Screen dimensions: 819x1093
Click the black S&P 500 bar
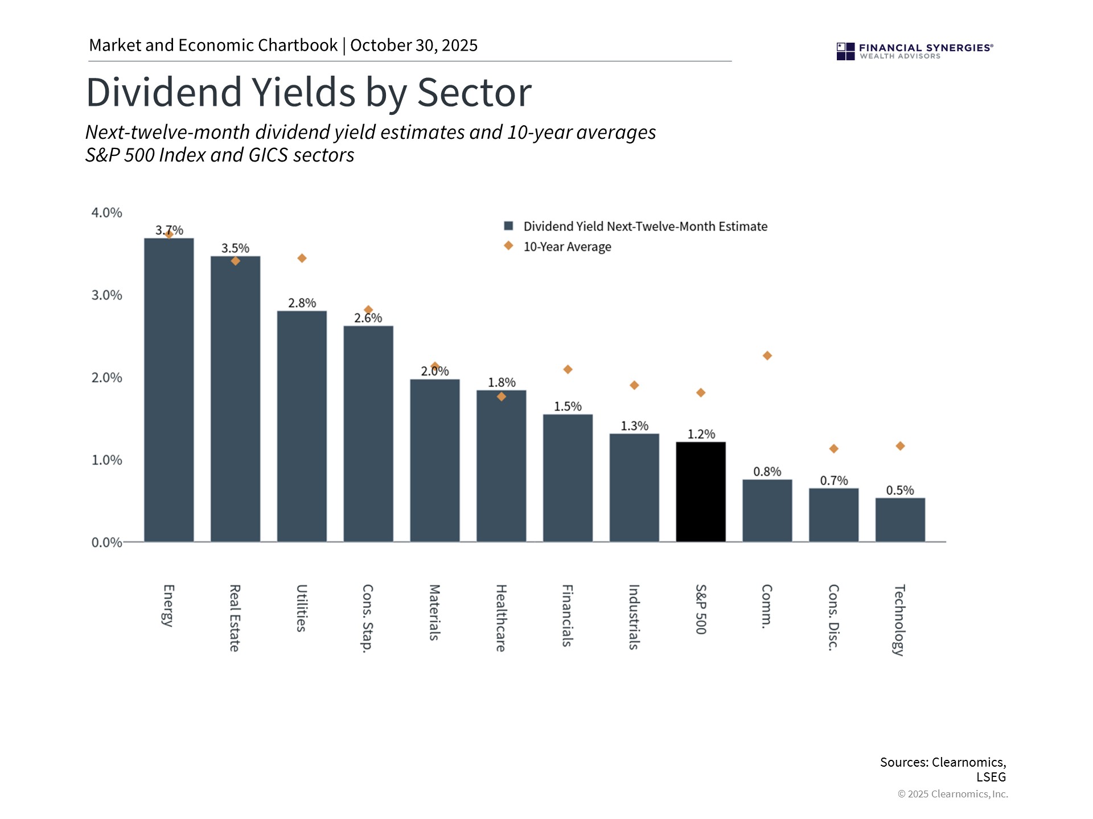coord(701,492)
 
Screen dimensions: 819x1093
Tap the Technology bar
coord(900,520)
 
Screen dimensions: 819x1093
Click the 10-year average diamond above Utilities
coord(302,258)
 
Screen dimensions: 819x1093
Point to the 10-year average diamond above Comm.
coord(767,355)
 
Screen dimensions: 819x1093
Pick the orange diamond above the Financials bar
coord(568,370)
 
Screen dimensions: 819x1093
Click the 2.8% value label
coord(302,303)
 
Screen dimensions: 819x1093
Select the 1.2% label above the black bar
coord(701,435)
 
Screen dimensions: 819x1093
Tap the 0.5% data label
coord(899,490)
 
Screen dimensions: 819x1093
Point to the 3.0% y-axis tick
coord(107,295)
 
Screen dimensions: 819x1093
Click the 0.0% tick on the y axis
coord(107,543)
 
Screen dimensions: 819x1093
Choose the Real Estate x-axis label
coord(235,618)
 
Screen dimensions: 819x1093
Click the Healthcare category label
coord(500,618)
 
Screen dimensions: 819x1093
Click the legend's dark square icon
coord(509,226)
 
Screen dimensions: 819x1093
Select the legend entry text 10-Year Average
coord(567,247)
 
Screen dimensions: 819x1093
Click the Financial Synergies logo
coord(914,51)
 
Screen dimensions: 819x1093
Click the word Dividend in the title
coord(164,92)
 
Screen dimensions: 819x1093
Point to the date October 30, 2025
coord(414,45)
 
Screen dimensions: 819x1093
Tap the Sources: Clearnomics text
coord(943,762)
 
